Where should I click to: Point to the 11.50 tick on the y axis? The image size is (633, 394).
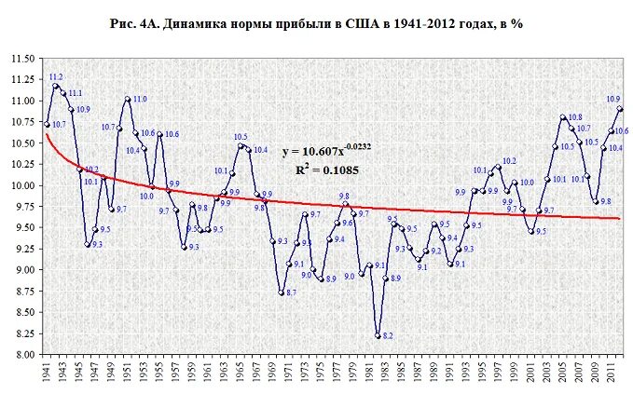(21, 59)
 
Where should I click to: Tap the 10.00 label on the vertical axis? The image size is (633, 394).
(21, 185)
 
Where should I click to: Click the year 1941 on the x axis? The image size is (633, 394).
(47, 373)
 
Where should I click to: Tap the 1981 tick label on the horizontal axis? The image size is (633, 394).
(369, 373)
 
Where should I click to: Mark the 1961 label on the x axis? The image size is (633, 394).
(208, 373)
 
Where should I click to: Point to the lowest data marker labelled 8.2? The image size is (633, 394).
(378, 334)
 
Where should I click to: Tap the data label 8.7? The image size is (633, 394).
(291, 293)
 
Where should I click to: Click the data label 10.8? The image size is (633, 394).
(575, 117)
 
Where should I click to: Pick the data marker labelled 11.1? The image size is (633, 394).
(62, 92)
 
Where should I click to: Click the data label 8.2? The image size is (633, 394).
(388, 335)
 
